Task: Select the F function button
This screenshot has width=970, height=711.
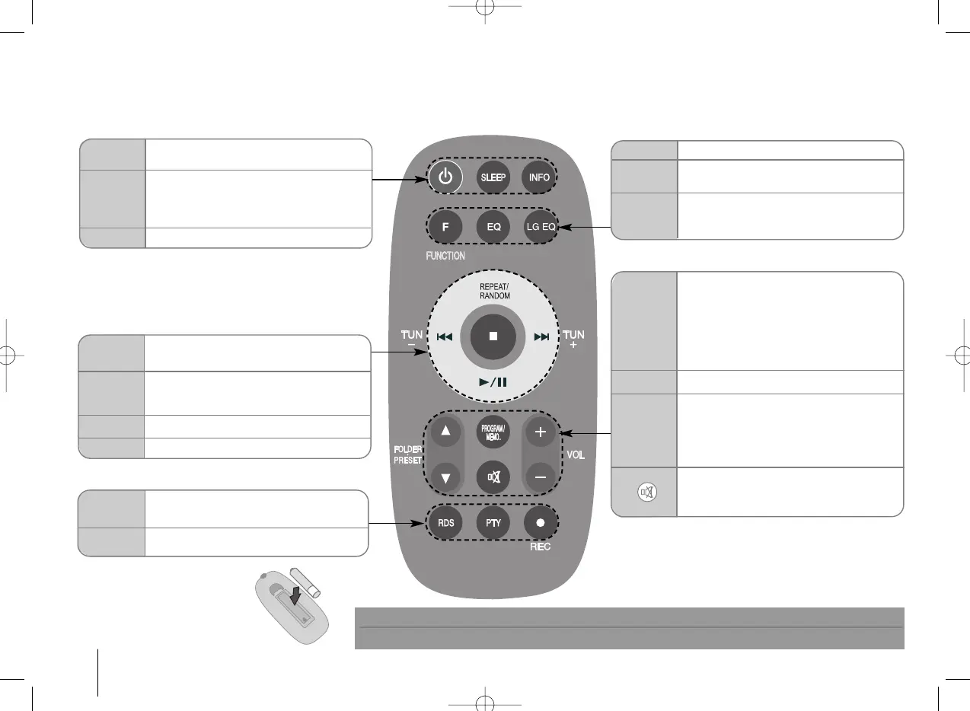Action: (445, 226)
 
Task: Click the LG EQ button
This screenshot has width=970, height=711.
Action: (540, 226)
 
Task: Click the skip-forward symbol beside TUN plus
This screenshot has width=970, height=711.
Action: (541, 336)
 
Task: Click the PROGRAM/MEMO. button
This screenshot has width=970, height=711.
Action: (493, 432)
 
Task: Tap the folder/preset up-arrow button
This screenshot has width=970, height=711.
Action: (445, 432)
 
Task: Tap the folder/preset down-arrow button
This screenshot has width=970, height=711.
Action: (445, 477)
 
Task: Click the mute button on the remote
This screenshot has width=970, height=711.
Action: (493, 477)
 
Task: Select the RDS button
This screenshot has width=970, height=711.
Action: (445, 524)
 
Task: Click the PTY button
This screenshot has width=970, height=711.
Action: (493, 524)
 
